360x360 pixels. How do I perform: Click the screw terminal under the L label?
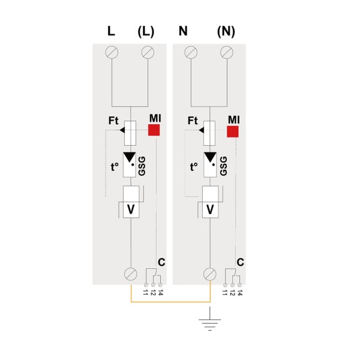tap(112, 52)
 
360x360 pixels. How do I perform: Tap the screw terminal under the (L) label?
tap(148, 52)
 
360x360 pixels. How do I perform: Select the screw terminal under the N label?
tap(191, 52)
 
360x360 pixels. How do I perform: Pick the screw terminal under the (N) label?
tap(227, 52)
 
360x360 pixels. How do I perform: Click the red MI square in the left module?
tap(154, 130)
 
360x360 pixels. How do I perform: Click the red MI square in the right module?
tap(233, 131)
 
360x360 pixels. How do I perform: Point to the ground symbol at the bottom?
tap(209, 320)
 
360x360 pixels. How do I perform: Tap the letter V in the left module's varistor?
tap(131, 209)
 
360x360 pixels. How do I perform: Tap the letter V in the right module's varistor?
tap(210, 209)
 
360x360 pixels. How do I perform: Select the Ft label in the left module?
tap(113, 121)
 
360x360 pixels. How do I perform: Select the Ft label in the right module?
tap(193, 121)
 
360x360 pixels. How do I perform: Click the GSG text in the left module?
tap(142, 166)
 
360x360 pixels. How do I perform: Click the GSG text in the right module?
tap(223, 166)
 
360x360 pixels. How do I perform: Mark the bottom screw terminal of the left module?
tap(131, 274)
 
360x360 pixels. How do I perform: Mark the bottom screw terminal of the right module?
tap(210, 274)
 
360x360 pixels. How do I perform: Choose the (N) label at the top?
tap(226, 31)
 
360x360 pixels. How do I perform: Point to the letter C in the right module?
tap(241, 262)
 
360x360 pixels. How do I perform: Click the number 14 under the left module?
tap(160, 293)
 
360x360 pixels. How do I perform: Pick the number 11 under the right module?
tap(225, 293)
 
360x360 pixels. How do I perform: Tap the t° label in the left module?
tap(115, 167)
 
